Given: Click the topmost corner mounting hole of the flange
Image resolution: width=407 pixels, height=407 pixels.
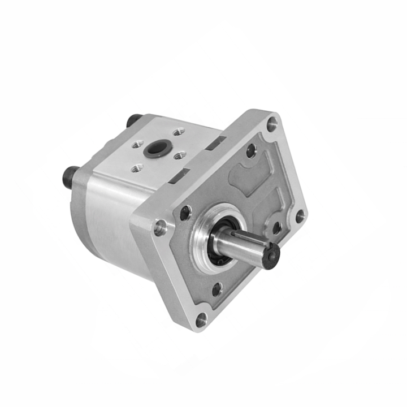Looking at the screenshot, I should [x=272, y=123].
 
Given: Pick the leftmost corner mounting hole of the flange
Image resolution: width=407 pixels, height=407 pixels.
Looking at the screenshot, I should [x=160, y=227].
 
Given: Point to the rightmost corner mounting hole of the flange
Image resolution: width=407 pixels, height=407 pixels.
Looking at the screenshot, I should [x=300, y=216].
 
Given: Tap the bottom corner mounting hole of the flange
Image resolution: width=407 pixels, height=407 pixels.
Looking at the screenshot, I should [x=201, y=319].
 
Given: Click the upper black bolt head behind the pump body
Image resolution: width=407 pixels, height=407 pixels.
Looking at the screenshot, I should [x=134, y=120].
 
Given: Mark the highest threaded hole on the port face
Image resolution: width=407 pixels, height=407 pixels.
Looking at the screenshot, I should [x=179, y=132].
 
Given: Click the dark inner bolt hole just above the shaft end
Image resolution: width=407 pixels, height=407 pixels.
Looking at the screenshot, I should [x=276, y=228].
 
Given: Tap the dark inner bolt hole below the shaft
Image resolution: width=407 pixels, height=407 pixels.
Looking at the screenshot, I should [x=217, y=289].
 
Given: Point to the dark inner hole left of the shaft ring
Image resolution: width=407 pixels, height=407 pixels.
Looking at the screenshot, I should [x=185, y=213].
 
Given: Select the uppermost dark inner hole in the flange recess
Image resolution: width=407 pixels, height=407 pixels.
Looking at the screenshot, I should [x=250, y=150].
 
